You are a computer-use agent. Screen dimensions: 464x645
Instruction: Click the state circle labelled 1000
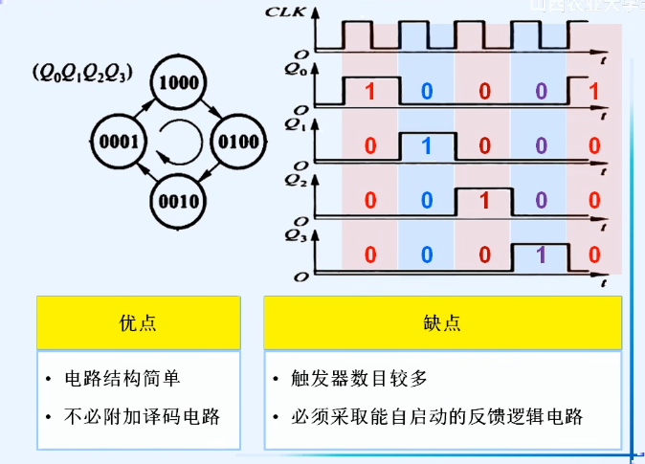(x=179, y=82)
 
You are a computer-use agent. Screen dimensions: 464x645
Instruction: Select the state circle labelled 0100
(x=238, y=143)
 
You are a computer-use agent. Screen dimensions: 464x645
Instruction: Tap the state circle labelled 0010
(x=179, y=202)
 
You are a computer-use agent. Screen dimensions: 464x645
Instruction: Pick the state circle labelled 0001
(x=120, y=143)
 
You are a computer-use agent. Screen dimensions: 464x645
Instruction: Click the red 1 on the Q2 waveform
(x=483, y=200)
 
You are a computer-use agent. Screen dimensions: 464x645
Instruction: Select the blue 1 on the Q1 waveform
(x=427, y=146)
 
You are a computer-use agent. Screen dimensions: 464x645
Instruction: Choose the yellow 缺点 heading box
(x=442, y=322)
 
